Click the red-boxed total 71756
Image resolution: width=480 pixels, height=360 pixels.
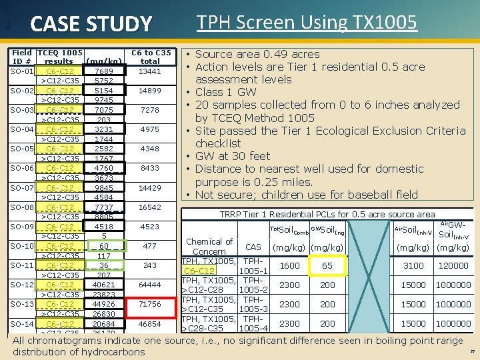point(149,304)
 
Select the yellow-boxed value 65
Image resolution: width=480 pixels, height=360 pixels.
point(327,265)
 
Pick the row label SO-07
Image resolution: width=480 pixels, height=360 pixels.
point(22,188)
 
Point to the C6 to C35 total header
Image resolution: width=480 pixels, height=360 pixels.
point(150,57)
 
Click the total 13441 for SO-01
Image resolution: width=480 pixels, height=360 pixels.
point(149,71)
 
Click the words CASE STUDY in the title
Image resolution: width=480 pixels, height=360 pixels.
point(91,25)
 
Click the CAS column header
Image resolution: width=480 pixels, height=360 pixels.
point(253,247)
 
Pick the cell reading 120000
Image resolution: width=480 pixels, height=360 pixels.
point(453,265)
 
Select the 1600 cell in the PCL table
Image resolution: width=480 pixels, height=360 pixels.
point(289,265)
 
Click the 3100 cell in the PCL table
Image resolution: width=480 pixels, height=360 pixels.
point(413,265)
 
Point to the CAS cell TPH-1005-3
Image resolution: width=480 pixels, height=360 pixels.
point(253,304)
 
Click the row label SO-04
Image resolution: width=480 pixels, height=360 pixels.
point(22,129)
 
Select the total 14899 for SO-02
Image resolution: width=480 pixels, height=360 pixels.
point(149,91)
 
